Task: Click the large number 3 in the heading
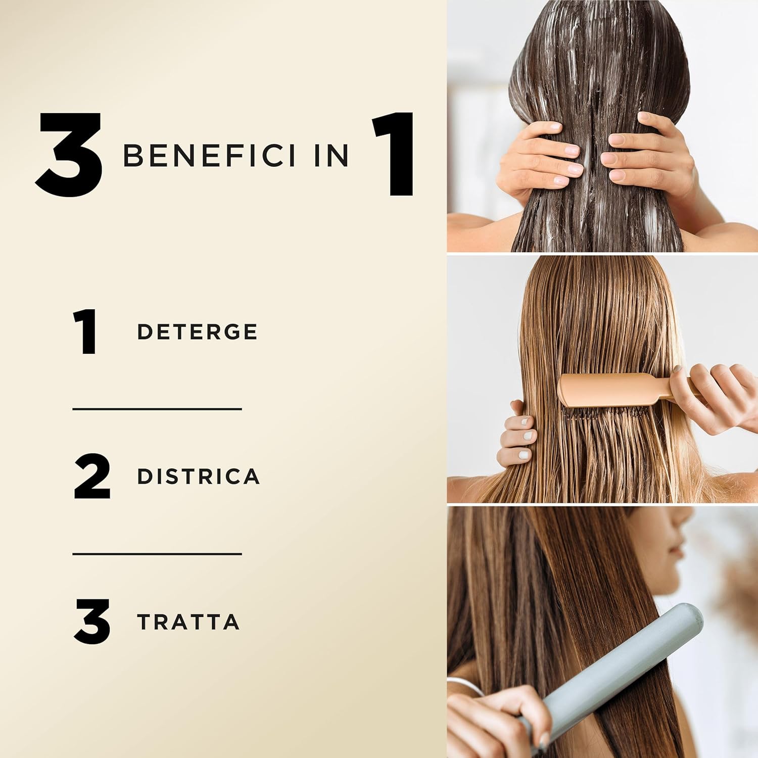coord(70,155)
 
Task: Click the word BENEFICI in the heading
coord(209,156)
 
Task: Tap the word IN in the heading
coord(331,156)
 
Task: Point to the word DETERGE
coord(197,332)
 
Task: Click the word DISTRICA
coord(198,477)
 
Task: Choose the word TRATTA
coord(188,622)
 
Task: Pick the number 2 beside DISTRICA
coord(92,477)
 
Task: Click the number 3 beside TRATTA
coord(92,622)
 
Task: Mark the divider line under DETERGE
coord(157,409)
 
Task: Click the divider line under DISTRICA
coord(157,554)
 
